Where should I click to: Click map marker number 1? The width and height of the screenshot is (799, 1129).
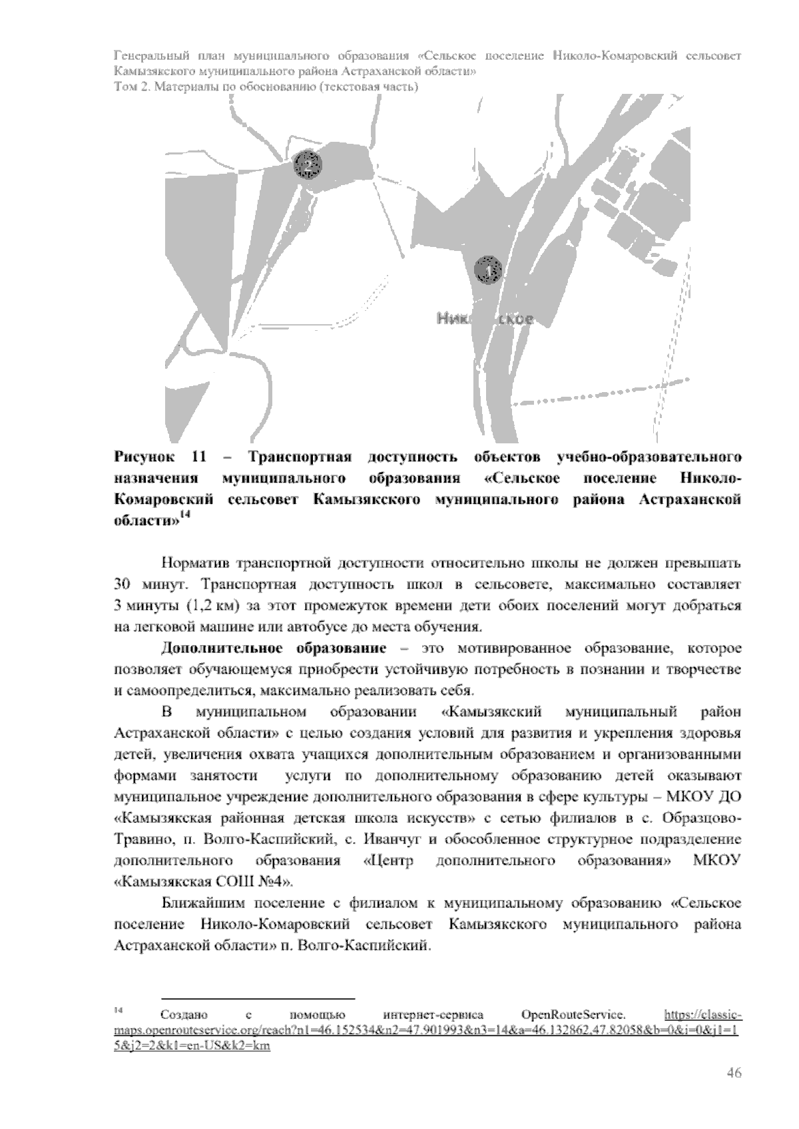pyautogui.click(x=489, y=271)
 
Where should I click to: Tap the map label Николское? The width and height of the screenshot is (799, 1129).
pyautogui.click(x=485, y=319)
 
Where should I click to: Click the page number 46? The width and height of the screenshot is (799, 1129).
pyautogui.click(x=734, y=1072)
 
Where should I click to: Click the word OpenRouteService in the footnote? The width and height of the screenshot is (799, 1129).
pyautogui.click(x=573, y=1015)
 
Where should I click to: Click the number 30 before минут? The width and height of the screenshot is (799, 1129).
pyautogui.click(x=124, y=585)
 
